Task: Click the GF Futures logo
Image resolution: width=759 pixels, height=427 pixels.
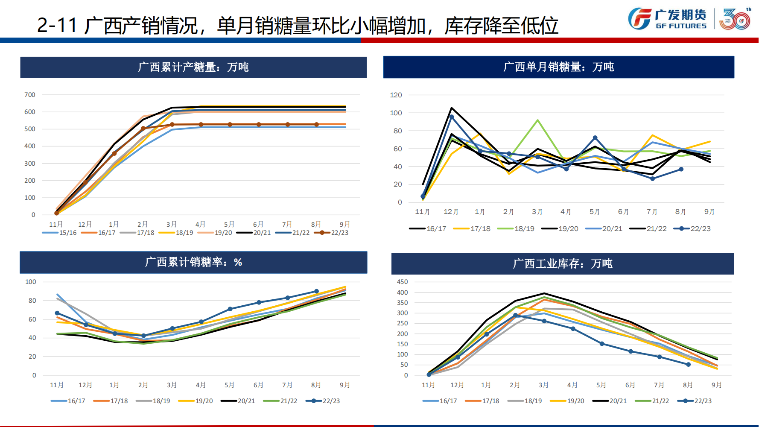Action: coord(667,19)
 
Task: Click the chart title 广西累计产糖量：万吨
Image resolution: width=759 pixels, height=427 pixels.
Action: coord(193,67)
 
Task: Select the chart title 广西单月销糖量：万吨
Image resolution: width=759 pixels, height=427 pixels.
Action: coord(558,67)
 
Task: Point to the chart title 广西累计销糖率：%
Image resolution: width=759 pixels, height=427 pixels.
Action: coord(193,262)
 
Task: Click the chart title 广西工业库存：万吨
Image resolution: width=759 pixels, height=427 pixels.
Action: coord(563,263)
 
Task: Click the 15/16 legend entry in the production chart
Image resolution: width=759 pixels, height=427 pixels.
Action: coord(60,233)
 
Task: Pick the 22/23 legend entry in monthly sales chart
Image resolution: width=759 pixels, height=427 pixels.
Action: coord(692,228)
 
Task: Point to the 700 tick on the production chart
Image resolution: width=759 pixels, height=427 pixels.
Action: coord(30,95)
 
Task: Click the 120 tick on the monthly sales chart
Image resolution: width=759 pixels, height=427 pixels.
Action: coord(396,95)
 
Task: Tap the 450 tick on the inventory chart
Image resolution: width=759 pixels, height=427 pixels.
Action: coord(402,282)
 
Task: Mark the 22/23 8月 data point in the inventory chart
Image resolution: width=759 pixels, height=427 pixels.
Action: coord(688,365)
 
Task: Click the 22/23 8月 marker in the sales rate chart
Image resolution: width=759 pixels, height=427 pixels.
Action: coord(316,291)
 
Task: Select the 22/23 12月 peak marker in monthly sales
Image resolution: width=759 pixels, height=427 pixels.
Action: coord(452,117)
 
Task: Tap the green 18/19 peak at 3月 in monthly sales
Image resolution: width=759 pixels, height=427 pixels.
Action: coord(537,120)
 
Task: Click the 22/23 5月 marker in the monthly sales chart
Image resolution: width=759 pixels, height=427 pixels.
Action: coord(595,138)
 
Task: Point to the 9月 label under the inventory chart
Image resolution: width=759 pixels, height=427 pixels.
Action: coord(717,385)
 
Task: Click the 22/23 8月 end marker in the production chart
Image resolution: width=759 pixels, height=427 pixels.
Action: coord(316,125)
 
